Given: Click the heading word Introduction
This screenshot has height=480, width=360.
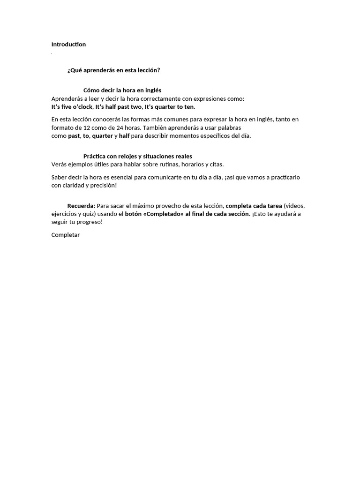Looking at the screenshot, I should click(x=68, y=45).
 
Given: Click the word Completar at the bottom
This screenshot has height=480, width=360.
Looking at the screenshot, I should click(x=65, y=235).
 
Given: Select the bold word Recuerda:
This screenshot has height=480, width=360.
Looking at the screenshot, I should click(x=81, y=206).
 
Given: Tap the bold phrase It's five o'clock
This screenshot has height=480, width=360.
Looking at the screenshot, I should click(x=72, y=107).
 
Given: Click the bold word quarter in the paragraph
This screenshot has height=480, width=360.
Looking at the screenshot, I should click(x=102, y=136).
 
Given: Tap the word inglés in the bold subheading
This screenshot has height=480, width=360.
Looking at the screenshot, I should click(x=152, y=90).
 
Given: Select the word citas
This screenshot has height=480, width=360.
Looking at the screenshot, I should click(x=215, y=165).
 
